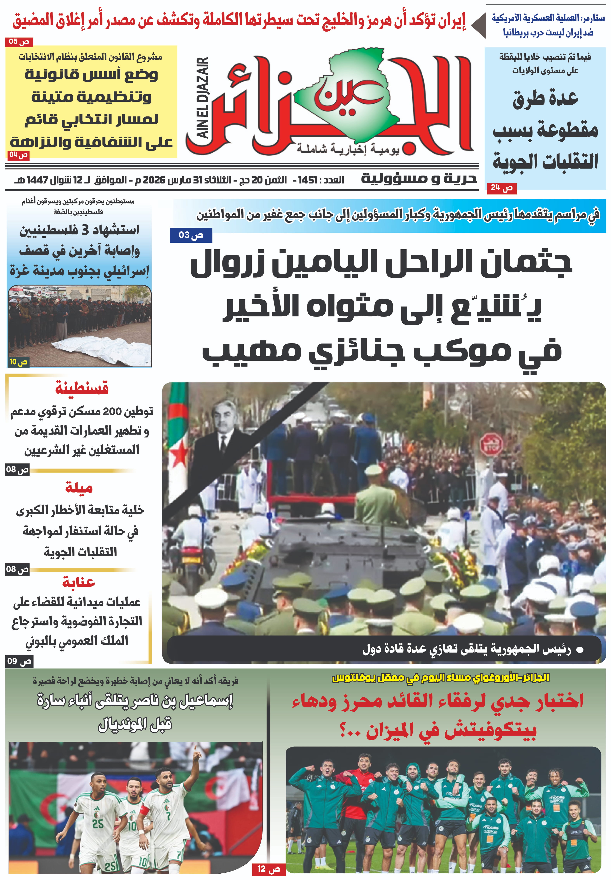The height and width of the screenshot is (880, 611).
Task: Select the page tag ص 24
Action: [501, 188]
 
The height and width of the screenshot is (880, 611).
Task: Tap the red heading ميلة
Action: [79, 488]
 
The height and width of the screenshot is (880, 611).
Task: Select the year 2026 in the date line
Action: [154, 180]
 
